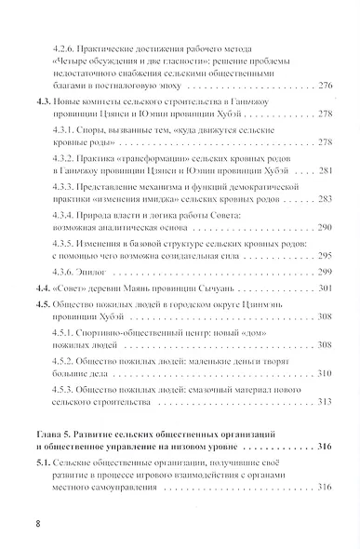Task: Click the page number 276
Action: (318, 86)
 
